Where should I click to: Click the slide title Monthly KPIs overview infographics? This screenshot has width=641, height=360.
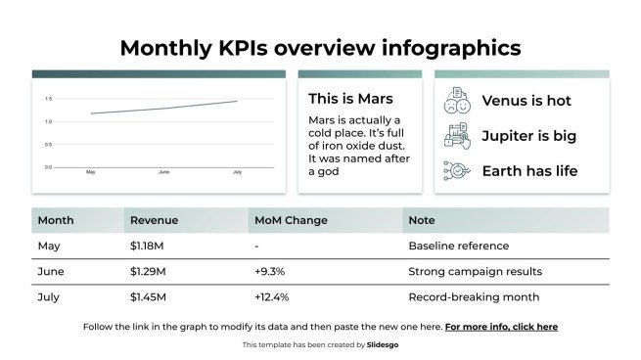pyautogui.click(x=320, y=48)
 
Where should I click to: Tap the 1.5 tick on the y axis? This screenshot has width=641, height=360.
pyautogui.click(x=48, y=99)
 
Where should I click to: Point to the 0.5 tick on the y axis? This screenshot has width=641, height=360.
pyautogui.click(x=48, y=145)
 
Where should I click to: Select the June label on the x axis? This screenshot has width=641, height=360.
pyautogui.click(x=163, y=172)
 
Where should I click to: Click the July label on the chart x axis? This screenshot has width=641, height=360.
pyautogui.click(x=237, y=172)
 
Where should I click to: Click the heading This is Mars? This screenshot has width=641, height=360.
pyautogui.click(x=350, y=99)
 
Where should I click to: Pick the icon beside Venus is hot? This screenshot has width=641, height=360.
pyautogui.click(x=456, y=100)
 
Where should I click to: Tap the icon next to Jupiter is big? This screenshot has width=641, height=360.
pyautogui.click(x=456, y=136)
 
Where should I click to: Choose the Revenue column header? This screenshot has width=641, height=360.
pyautogui.click(x=154, y=220)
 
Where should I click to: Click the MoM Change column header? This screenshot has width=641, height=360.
pyautogui.click(x=291, y=220)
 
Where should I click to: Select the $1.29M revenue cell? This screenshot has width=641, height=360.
pyautogui.click(x=148, y=271)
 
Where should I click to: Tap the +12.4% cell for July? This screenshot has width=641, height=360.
pyautogui.click(x=271, y=296)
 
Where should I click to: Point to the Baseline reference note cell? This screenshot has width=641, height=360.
pyautogui.click(x=458, y=246)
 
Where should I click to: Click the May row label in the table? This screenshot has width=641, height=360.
pyautogui.click(x=48, y=246)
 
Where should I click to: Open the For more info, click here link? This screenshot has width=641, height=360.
pyautogui.click(x=501, y=327)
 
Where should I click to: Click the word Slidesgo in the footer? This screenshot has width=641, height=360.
pyautogui.click(x=383, y=345)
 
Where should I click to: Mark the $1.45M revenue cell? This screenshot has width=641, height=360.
pyautogui.click(x=148, y=296)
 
